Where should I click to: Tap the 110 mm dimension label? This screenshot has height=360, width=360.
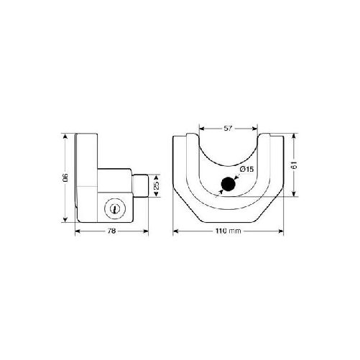point(228,231)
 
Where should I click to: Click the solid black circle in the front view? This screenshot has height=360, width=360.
point(229,185)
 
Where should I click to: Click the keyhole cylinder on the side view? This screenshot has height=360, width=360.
point(114,208)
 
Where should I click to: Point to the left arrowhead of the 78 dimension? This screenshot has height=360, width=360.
point(77,231)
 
